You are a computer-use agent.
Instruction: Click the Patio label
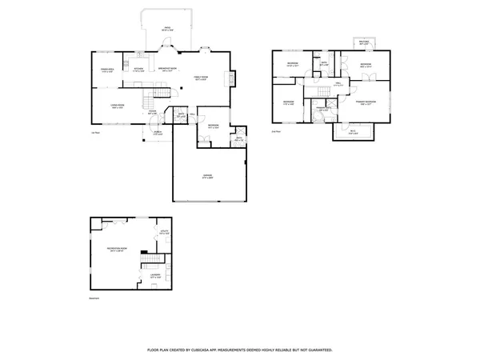168,28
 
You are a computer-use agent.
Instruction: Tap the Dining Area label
109,70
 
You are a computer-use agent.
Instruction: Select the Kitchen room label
138,70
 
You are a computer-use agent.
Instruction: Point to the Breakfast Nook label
167,70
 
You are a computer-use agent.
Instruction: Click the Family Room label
199,78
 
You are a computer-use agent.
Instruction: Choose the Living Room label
116,106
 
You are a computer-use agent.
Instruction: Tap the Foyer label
152,113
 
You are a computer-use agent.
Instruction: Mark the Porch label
158,133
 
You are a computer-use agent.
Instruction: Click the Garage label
207,176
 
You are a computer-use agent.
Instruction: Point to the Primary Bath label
323,109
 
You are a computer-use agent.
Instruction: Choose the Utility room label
164,232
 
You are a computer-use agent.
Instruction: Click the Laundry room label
155,276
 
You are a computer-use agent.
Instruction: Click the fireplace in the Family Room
231,79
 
